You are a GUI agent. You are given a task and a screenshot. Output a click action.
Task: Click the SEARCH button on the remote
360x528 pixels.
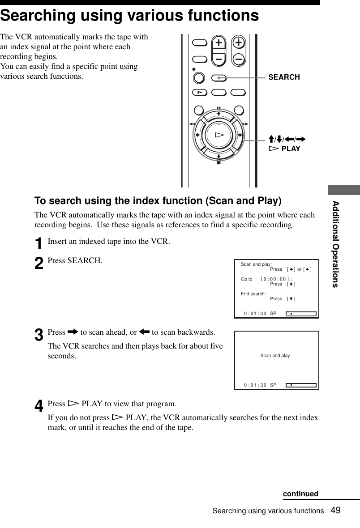pyautogui.click(x=219, y=77)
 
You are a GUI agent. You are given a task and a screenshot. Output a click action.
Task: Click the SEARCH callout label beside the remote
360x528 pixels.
pyautogui.click(x=284, y=77)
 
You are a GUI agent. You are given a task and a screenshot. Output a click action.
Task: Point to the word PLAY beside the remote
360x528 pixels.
pyautogui.click(x=291, y=149)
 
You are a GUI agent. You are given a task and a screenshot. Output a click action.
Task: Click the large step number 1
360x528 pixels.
pyautogui.click(x=39, y=244)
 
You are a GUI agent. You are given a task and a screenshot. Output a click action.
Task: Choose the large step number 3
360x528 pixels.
pyautogui.click(x=39, y=334)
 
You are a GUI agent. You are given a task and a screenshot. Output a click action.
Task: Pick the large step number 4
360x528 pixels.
pyautogui.click(x=39, y=406)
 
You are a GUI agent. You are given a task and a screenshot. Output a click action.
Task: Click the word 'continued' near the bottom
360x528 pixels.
pyautogui.click(x=300, y=494)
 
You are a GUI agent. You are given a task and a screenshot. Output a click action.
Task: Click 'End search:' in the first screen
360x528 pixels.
pyautogui.click(x=253, y=294)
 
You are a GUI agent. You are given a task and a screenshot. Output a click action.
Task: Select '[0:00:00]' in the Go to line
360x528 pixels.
pyautogui.click(x=275, y=279)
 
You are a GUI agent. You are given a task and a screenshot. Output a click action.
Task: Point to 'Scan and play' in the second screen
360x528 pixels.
pyautogui.click(x=275, y=356)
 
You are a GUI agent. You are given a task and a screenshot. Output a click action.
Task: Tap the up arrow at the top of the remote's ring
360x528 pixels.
pyautogui.click(x=219, y=113)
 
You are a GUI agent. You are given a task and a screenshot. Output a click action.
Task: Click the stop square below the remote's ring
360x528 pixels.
pyautogui.click(x=219, y=162)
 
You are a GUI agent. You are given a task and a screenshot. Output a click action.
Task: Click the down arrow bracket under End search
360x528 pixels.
pyautogui.click(x=291, y=299)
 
